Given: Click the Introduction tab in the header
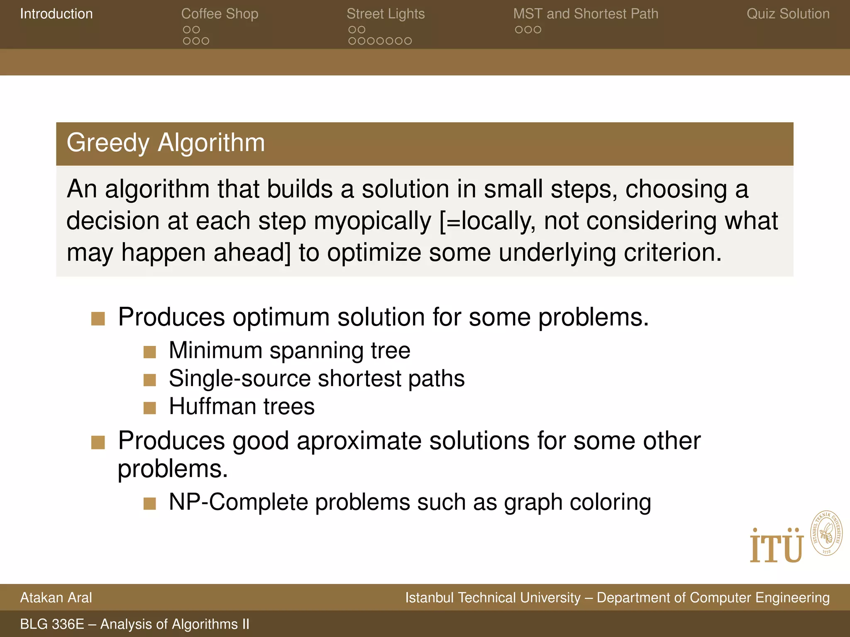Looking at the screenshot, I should tap(56, 14).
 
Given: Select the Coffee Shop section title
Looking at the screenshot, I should tap(220, 14).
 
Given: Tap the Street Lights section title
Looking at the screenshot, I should tap(386, 14).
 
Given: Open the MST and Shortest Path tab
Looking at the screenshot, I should tap(586, 14).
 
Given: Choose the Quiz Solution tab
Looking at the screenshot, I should tap(788, 14).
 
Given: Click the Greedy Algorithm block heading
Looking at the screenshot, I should tap(166, 143).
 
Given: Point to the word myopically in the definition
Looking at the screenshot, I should tap(372, 221).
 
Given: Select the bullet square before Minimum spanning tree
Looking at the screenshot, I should tap(149, 352).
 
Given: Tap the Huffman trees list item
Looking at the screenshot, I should tap(242, 406).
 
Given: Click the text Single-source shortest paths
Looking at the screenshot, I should tap(316, 379).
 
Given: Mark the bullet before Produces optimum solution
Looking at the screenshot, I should tap(98, 319).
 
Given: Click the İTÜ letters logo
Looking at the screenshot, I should tap(776, 546).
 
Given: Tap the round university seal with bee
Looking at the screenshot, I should tap(826, 533).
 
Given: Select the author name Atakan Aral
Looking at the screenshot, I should tap(56, 598).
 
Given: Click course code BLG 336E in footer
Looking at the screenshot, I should tap(52, 624).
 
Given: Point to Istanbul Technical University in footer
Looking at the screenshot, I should tap(493, 598).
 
